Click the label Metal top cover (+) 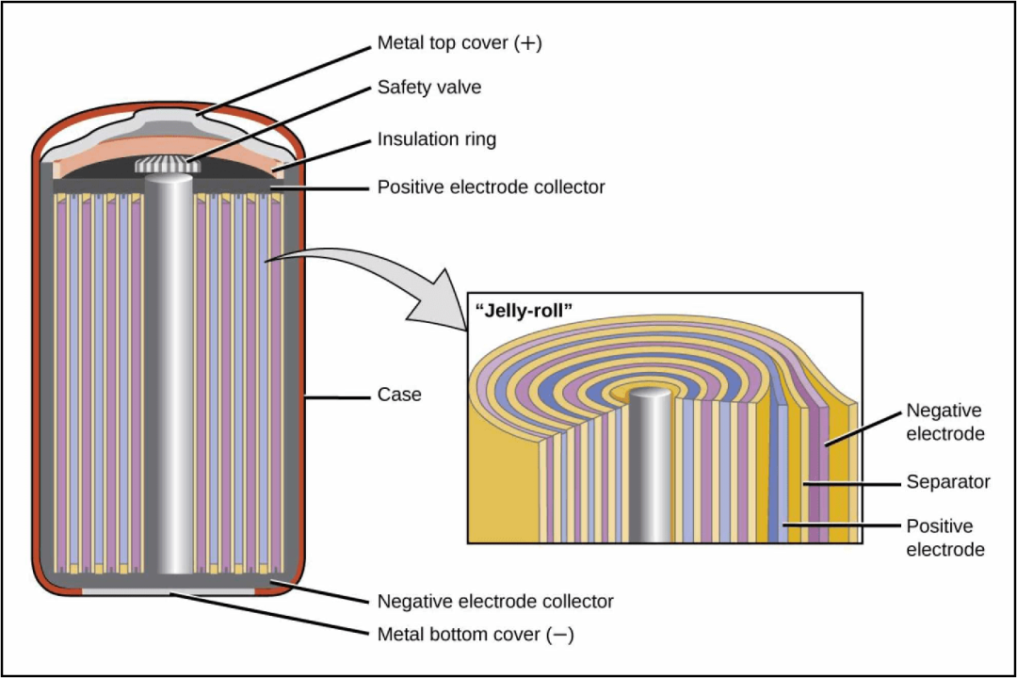(460, 43)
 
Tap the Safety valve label (429, 88)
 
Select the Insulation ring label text (436, 139)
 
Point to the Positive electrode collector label (491, 187)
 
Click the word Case (399, 395)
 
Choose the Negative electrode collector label (495, 601)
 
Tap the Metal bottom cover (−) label (476, 635)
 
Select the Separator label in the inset (947, 482)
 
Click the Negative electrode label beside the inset (944, 422)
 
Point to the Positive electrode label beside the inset (945, 537)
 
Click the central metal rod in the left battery (169, 377)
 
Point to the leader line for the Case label (334, 396)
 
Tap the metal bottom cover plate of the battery (169, 590)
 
